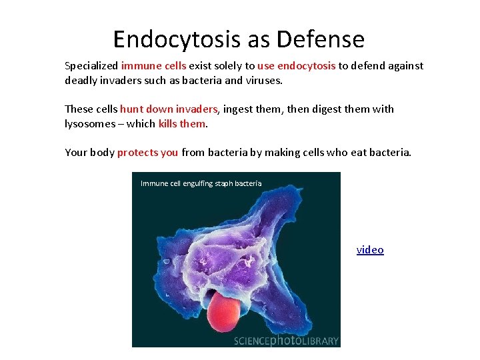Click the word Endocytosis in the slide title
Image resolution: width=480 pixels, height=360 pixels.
tap(176, 40)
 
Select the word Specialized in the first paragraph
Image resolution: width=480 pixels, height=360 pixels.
tap(91, 66)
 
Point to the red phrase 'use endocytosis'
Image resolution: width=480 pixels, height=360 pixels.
tap(294, 66)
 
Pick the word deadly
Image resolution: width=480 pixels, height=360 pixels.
tap(80, 80)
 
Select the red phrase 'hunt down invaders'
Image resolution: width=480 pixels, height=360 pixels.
tap(169, 109)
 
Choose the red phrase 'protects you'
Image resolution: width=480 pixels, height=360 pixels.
tap(147, 153)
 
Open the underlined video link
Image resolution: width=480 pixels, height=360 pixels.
tap(370, 250)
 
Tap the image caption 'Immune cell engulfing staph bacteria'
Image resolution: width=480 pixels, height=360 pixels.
tap(201, 183)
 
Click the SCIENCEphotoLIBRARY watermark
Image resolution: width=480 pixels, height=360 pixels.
tap(286, 341)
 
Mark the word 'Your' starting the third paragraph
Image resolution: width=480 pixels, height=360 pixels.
tap(76, 153)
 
